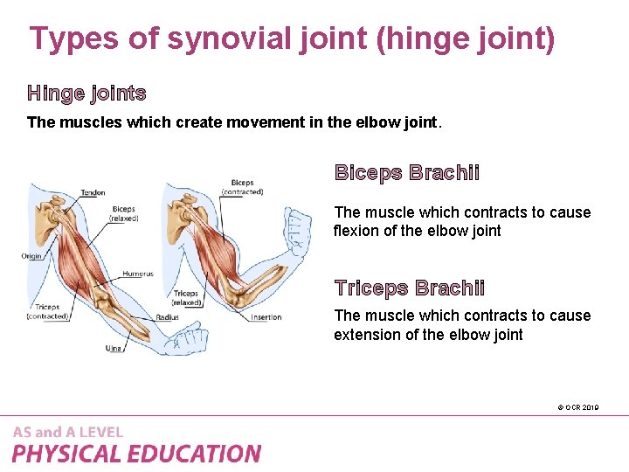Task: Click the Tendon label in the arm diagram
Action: click(x=93, y=192)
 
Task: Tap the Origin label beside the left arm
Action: click(x=32, y=256)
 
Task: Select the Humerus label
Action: click(x=137, y=274)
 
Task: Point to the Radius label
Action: click(x=168, y=317)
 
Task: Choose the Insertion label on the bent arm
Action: click(x=266, y=317)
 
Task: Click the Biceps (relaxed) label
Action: click(x=123, y=214)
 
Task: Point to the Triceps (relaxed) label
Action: click(x=187, y=297)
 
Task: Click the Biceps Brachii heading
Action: click(x=407, y=172)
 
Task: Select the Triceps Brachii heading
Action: click(x=410, y=288)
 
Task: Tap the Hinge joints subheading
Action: click(x=86, y=93)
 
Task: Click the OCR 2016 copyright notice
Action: click(x=577, y=407)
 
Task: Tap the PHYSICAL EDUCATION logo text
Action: click(x=136, y=454)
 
